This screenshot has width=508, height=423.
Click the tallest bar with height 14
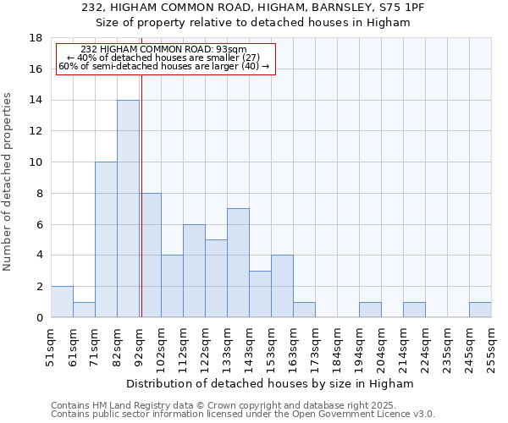click(128, 209)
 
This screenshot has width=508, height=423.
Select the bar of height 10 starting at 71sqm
click(106, 239)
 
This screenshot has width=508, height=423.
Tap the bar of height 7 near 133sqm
click(238, 263)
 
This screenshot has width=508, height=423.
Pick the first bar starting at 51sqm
click(62, 302)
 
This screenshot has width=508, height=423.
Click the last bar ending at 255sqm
click(480, 310)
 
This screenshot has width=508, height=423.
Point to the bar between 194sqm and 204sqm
click(370, 310)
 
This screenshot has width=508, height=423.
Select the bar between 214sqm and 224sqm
click(414, 310)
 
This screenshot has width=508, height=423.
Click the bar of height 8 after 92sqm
click(151, 255)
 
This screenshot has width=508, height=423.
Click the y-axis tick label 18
click(36, 38)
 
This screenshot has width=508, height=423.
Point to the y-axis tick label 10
click(36, 162)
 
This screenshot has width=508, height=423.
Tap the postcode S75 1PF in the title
click(402, 7)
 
